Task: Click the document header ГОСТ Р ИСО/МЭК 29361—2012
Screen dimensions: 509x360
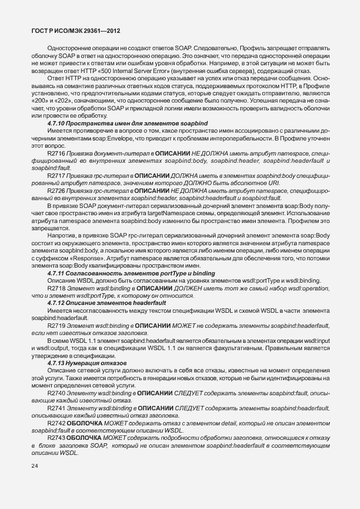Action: (x=76, y=31)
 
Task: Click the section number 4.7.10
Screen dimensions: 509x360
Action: (x=58, y=123)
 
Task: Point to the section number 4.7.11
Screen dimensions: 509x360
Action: (x=58, y=273)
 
